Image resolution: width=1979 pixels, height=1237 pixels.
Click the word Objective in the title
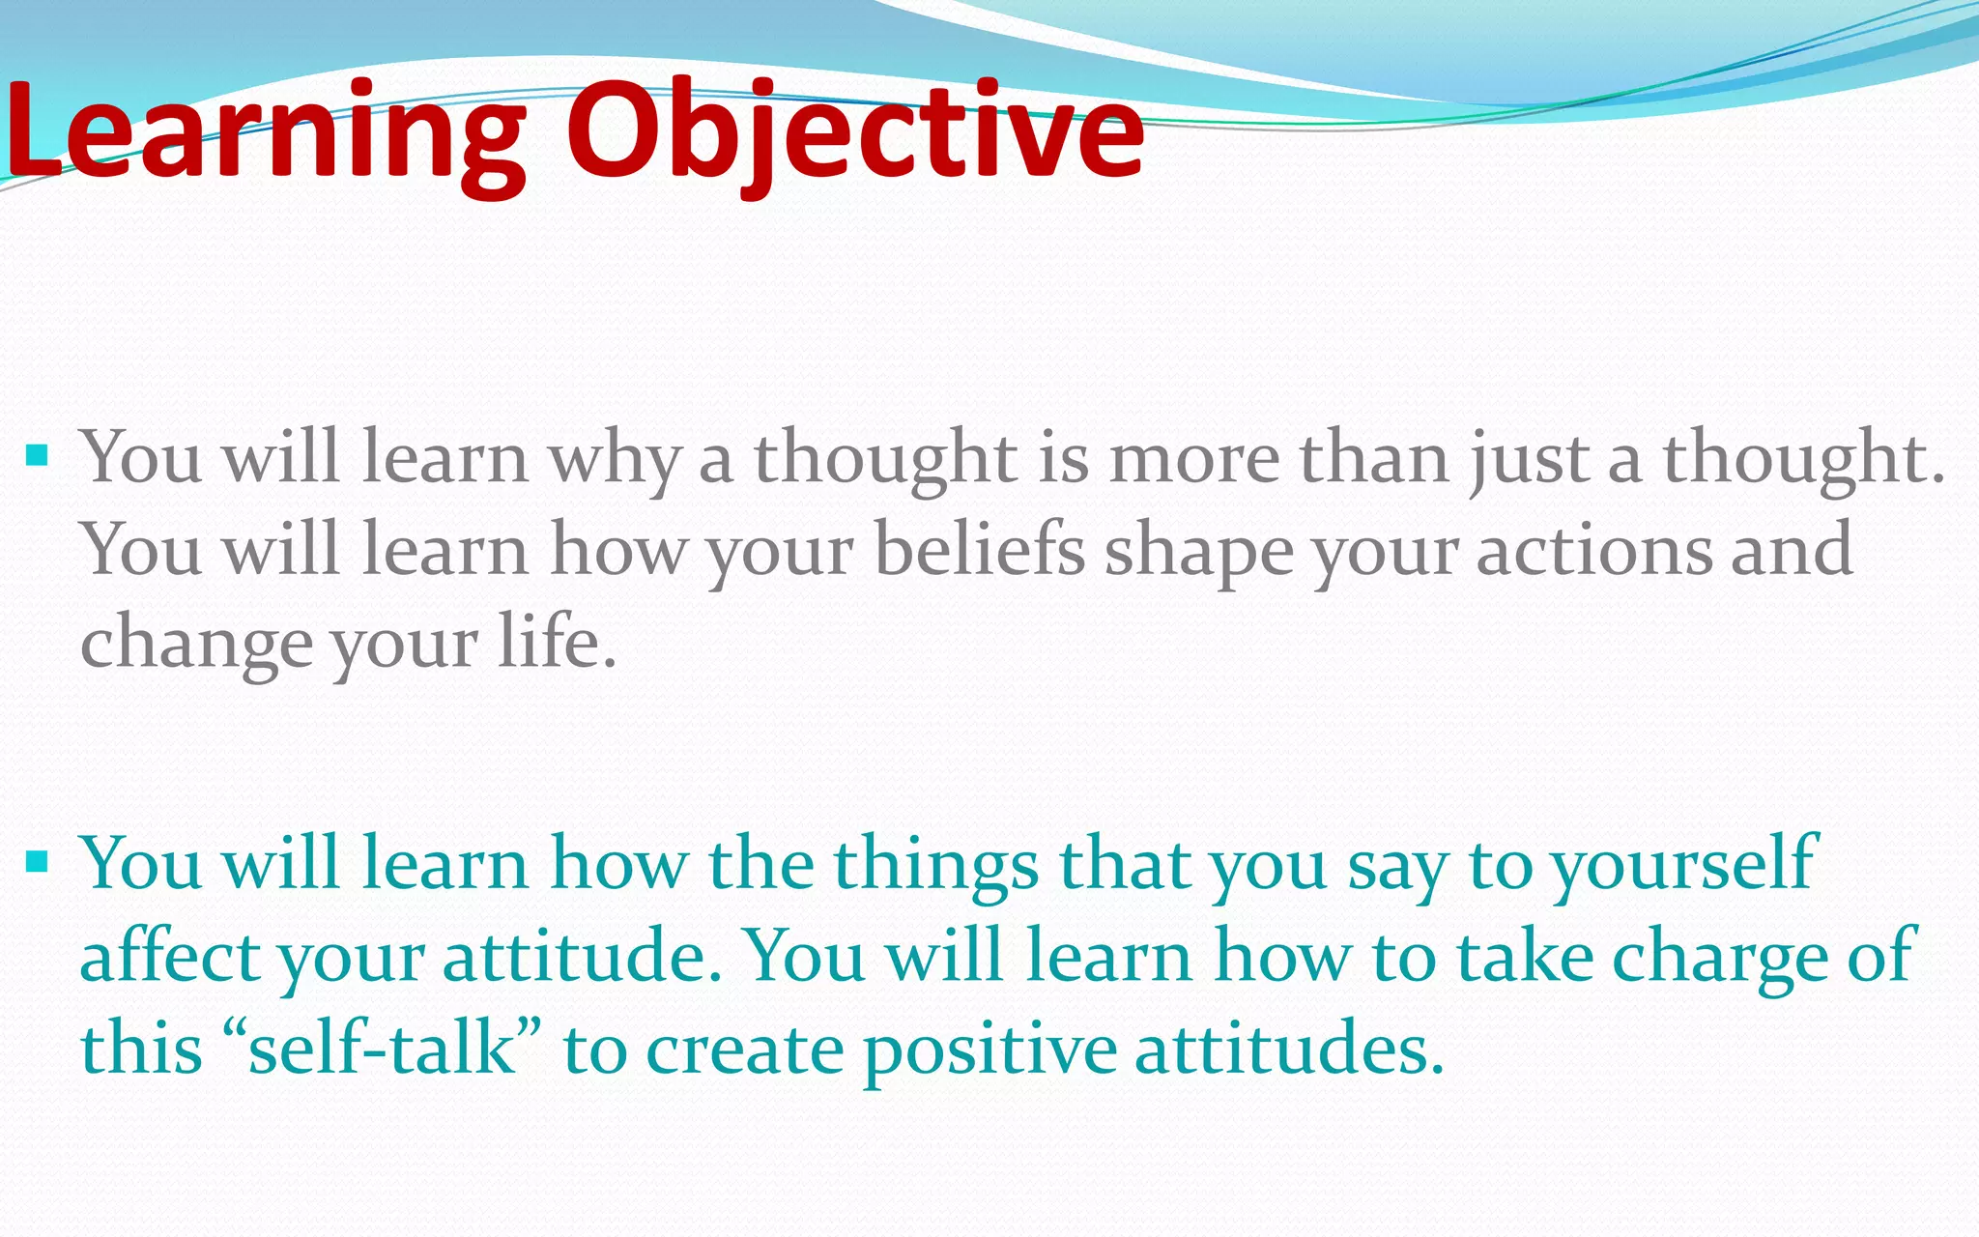pos(855,130)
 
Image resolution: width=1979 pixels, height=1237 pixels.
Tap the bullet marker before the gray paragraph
pos(38,454)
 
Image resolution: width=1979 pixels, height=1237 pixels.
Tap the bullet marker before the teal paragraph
pos(38,860)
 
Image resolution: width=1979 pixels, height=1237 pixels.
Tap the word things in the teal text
pos(936,865)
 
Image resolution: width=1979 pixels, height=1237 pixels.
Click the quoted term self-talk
pos(382,1048)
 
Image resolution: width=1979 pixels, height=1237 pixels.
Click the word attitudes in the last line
pos(1289,1048)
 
